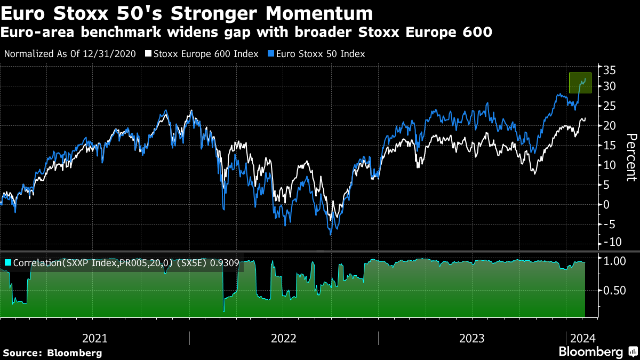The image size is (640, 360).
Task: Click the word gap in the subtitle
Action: (255, 33)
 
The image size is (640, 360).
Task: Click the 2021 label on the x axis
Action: (95, 338)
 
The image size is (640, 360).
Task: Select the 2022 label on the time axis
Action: (284, 338)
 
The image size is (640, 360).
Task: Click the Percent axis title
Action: (631, 157)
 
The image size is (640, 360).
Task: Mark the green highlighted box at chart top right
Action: (580, 83)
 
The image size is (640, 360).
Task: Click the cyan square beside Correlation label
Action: (8, 263)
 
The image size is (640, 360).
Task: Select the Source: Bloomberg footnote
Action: (52, 353)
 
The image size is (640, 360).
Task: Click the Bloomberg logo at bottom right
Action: (596, 351)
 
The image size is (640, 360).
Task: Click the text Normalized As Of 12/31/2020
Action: (70, 54)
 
